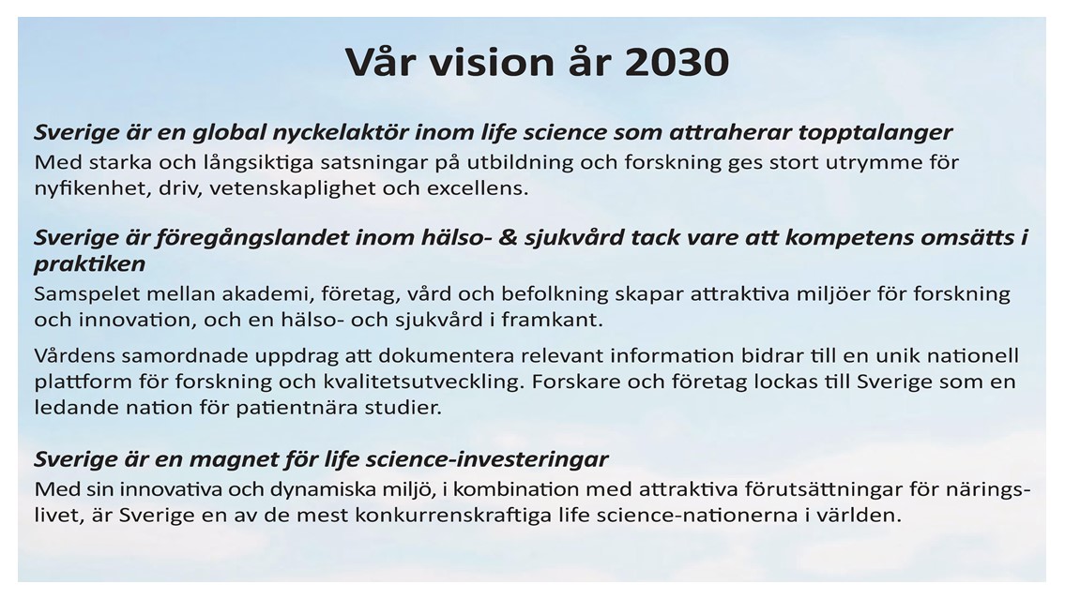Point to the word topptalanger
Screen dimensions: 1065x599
point(875,132)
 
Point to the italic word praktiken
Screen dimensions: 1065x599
point(90,264)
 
